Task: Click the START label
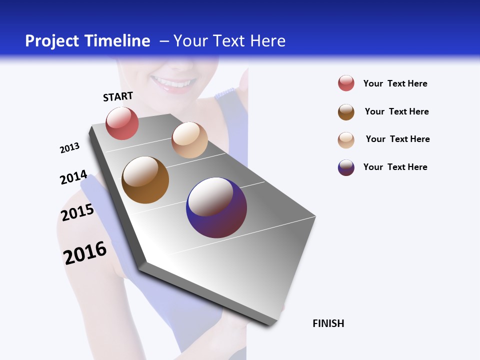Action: click(118, 96)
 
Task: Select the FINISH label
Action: click(328, 323)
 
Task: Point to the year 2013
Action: click(70, 148)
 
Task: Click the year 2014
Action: click(74, 177)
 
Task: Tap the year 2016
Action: click(85, 252)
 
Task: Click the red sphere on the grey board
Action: click(122, 123)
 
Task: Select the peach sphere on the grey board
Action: click(189, 140)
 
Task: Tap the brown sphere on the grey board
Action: click(145, 180)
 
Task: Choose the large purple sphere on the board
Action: click(216, 207)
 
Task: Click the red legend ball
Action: click(346, 83)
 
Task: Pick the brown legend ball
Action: click(346, 112)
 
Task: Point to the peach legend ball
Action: click(346, 140)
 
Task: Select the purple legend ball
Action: click(346, 167)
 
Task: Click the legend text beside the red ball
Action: click(395, 83)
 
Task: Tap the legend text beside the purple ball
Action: click(395, 167)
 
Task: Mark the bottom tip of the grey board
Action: click(270, 325)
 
